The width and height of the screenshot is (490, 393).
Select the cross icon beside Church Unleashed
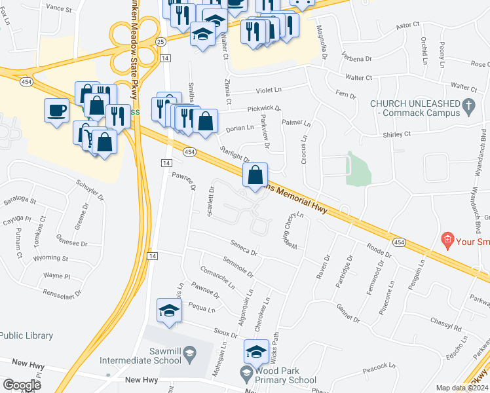point(468,105)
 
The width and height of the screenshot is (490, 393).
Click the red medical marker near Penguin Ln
point(448,240)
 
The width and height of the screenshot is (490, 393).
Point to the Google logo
point(21,384)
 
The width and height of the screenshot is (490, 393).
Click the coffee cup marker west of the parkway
point(56,110)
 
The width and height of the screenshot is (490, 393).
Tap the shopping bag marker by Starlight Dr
point(255,176)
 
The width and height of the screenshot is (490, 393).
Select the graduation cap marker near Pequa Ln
point(169,310)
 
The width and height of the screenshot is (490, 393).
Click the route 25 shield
point(160,41)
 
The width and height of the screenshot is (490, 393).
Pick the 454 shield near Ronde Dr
point(399,242)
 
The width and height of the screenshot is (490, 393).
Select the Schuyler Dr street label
point(90,191)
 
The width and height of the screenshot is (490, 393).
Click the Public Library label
point(26,335)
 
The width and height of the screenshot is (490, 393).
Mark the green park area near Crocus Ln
point(358,169)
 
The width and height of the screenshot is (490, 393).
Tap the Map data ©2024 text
point(462,388)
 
